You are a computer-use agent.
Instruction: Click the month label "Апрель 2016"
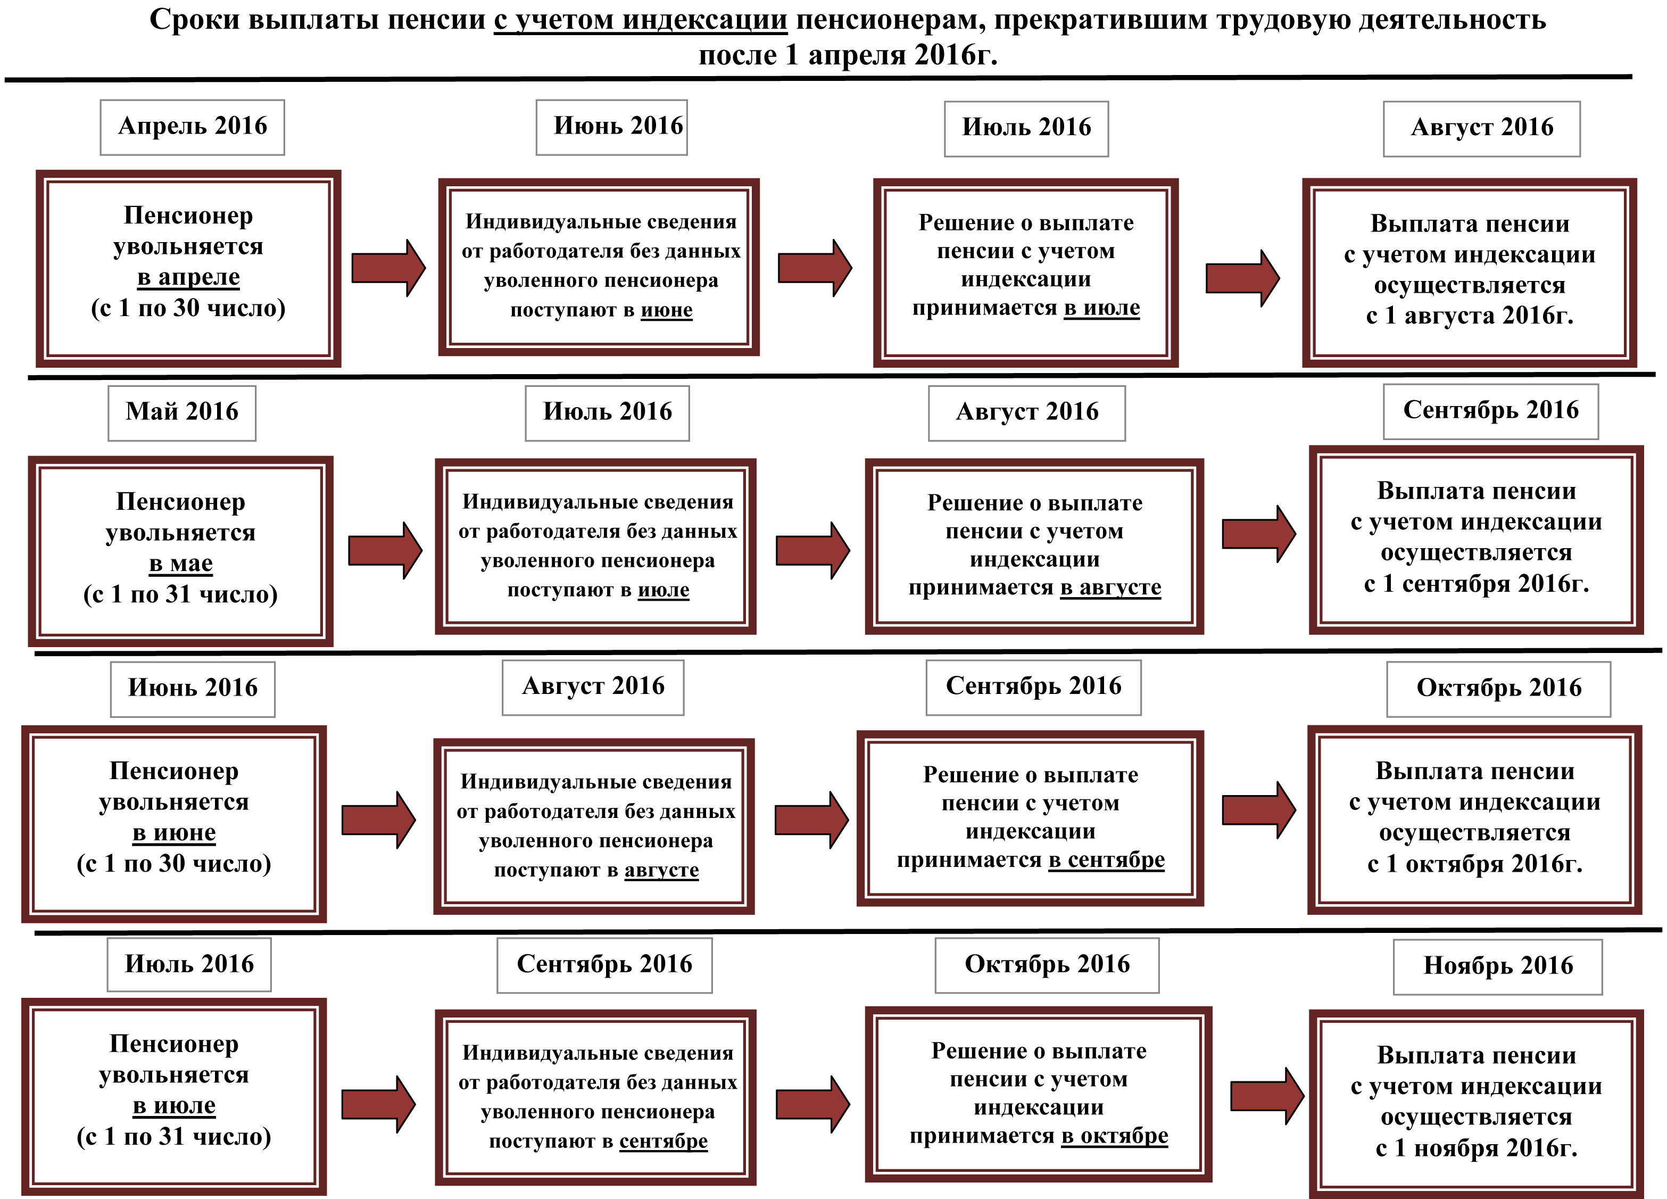tap(193, 127)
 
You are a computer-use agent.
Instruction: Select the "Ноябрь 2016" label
tap(1498, 965)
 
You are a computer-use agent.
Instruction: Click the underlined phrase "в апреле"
tap(188, 277)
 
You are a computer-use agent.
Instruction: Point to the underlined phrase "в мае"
tap(181, 564)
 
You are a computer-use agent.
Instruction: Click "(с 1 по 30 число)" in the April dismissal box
tap(188, 308)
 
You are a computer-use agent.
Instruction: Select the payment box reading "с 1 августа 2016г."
tap(1469, 272)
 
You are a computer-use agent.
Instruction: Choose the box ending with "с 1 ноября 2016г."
tap(1476, 1103)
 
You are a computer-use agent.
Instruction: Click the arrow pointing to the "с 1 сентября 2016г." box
tap(1258, 534)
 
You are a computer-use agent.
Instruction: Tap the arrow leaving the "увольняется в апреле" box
tap(388, 268)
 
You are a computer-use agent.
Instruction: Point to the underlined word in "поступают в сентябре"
tap(663, 1141)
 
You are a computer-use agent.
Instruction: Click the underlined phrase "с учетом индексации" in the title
tap(640, 20)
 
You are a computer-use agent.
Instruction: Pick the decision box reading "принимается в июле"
tap(1025, 272)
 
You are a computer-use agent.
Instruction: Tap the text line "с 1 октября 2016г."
tap(1474, 864)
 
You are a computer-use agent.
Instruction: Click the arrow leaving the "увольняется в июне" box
tap(378, 820)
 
